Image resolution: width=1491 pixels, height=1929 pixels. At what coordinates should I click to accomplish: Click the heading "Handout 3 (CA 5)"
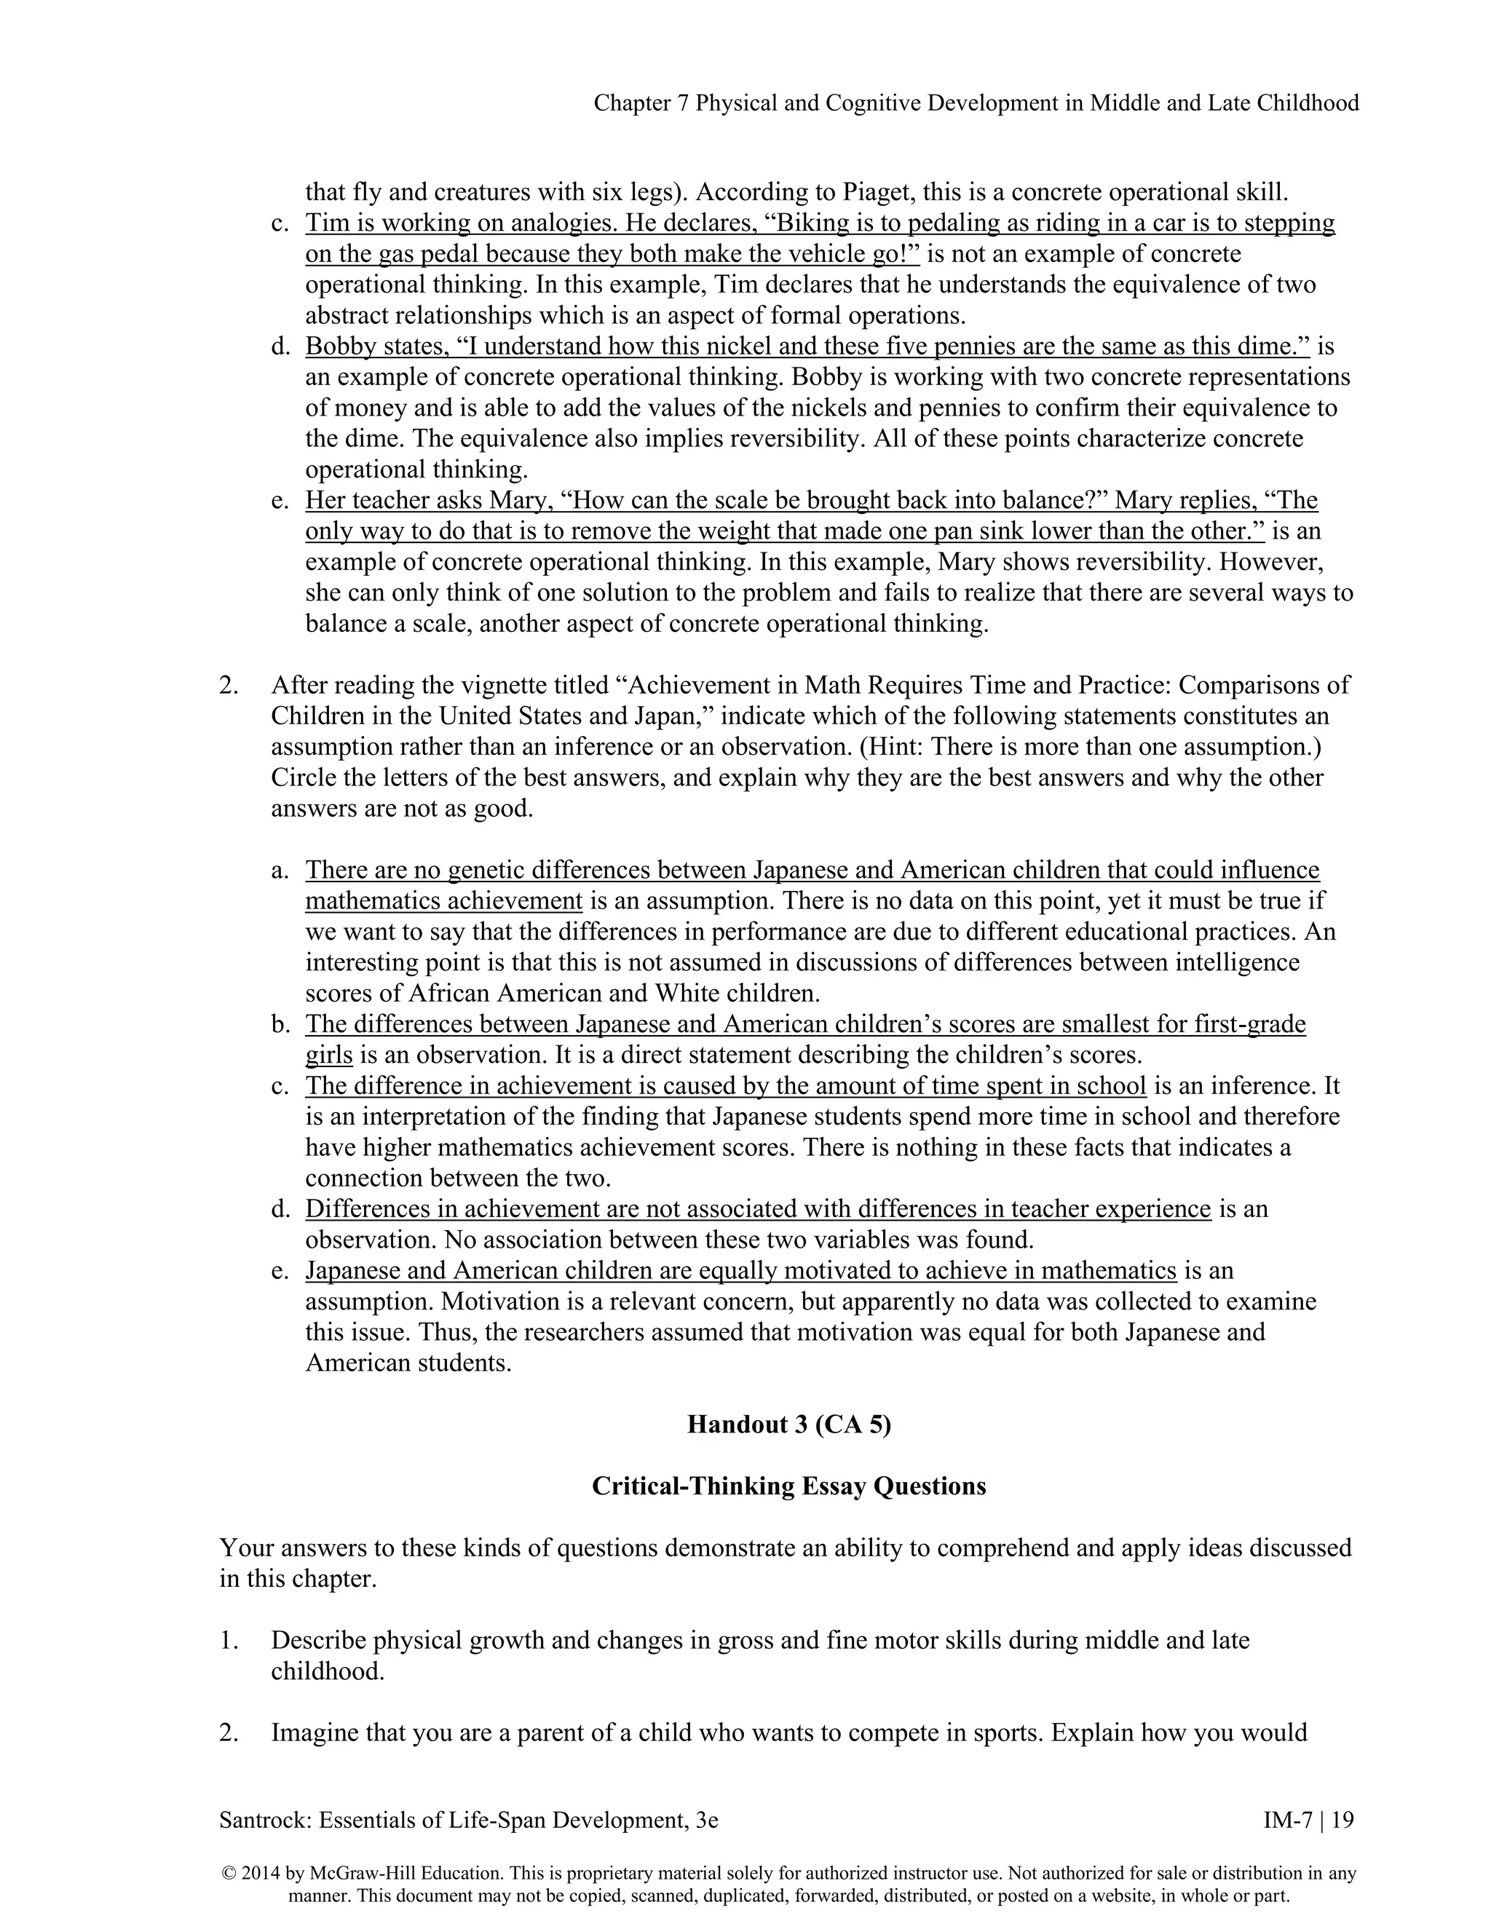click(x=788, y=1425)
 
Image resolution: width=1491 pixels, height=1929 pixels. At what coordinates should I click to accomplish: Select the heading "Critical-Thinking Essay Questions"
click(x=788, y=1486)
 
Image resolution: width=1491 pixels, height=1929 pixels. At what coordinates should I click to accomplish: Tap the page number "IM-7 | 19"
click(x=1308, y=1820)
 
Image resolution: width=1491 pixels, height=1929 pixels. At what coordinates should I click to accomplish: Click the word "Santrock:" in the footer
click(x=266, y=1820)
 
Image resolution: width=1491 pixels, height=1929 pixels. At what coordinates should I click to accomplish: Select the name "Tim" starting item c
click(x=323, y=223)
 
